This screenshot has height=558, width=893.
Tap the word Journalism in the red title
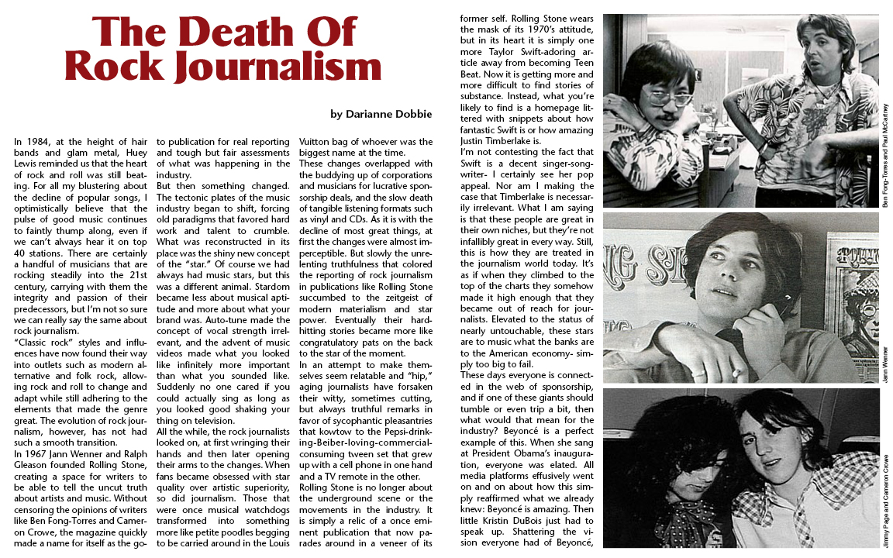click(278, 67)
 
